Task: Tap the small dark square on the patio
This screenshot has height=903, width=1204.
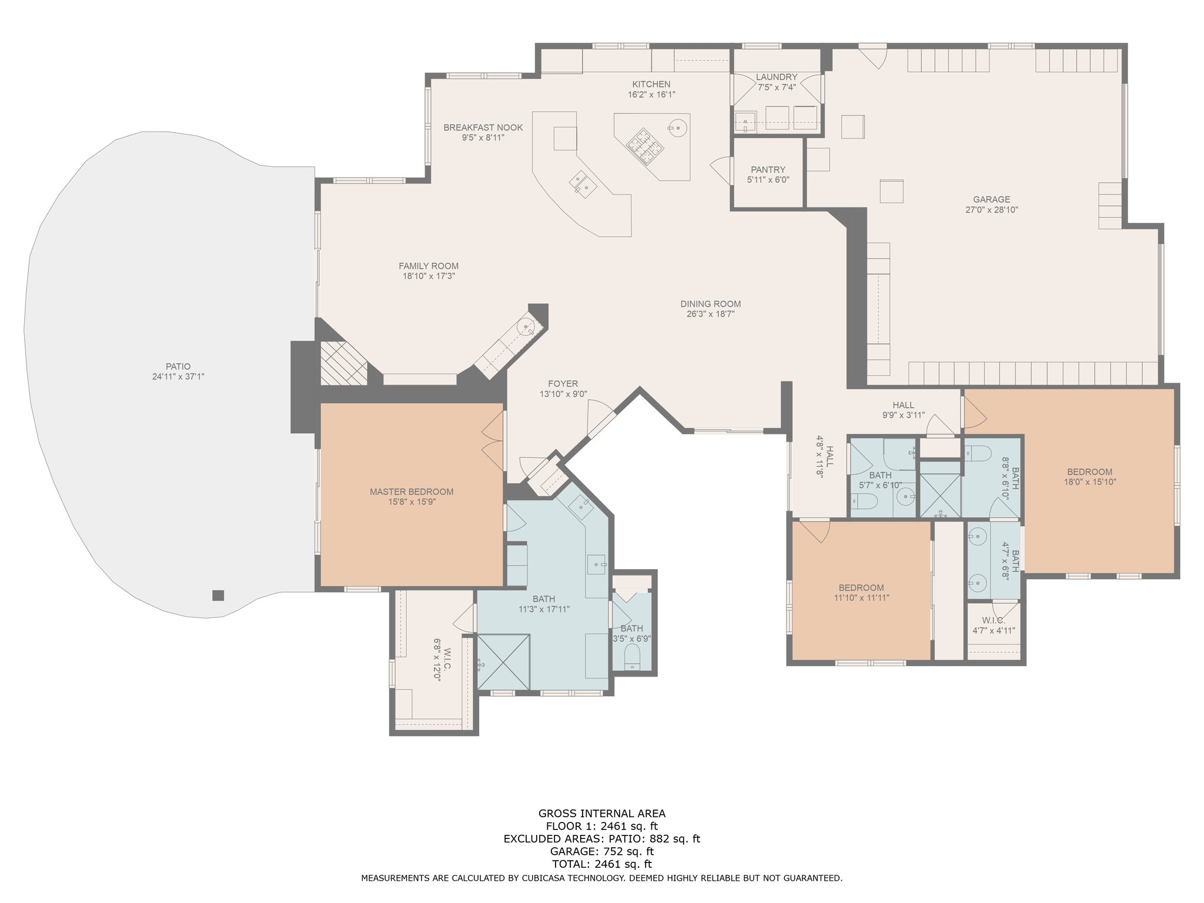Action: [x=218, y=596]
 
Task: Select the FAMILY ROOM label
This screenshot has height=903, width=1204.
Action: [x=429, y=266]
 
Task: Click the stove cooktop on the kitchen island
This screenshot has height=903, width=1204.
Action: [x=644, y=145]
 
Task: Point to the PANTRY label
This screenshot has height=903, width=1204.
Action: [x=768, y=169]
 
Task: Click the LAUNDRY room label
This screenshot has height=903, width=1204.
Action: [x=777, y=77]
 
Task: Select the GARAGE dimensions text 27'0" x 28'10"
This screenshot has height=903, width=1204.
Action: [x=991, y=209]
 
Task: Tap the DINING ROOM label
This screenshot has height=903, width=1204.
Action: [x=710, y=304]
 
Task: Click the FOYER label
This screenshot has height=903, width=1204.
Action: [x=563, y=384]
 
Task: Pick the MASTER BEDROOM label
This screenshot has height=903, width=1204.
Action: [x=412, y=491]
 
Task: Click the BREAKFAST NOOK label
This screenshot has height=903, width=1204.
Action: [x=483, y=128]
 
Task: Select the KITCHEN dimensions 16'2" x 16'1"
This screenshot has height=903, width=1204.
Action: [x=651, y=94]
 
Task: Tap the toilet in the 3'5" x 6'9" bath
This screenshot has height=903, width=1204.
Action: [x=632, y=656]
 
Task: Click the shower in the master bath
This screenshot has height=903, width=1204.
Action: [x=503, y=661]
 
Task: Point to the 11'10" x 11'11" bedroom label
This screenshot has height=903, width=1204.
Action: [x=861, y=588]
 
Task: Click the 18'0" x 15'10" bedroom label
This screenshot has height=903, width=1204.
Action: [x=1089, y=471]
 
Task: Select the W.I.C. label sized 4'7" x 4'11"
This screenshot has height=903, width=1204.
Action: [x=993, y=621]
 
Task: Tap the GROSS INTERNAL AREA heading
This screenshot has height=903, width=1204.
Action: [x=602, y=814]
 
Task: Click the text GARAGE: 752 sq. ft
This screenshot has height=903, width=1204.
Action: [x=602, y=851]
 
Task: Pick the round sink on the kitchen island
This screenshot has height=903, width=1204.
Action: [x=677, y=127]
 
